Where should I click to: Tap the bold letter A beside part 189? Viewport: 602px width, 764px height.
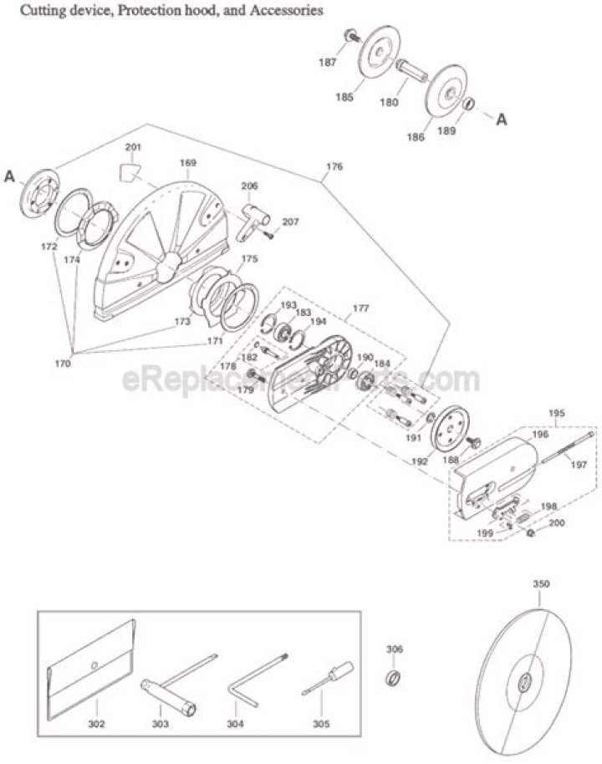[x=502, y=120]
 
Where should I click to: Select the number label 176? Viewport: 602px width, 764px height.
[x=334, y=166]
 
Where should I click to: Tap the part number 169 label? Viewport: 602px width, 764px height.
[x=188, y=162]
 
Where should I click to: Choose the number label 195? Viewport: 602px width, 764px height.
[x=558, y=413]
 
